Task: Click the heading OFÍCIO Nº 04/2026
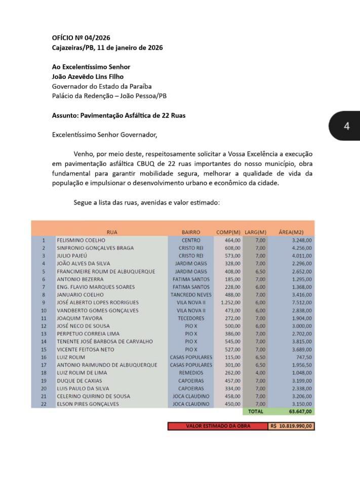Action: click(81, 37)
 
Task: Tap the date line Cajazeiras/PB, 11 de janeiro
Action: click(107, 48)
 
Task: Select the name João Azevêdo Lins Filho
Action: click(88, 76)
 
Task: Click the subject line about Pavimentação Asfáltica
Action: click(118, 115)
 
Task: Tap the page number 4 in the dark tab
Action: click(346, 126)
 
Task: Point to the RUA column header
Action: click(112, 232)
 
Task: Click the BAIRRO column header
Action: click(190, 232)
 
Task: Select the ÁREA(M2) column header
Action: click(291, 232)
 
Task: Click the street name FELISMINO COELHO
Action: click(81, 240)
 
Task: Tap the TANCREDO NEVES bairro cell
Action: click(190, 295)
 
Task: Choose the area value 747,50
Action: click(303, 357)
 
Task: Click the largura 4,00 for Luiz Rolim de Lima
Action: click(260, 373)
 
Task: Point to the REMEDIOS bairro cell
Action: click(190, 373)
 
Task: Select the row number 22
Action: click(44, 404)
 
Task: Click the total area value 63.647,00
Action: click(300, 412)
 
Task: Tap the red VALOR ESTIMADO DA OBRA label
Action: click(218, 426)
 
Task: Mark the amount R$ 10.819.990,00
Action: click(291, 426)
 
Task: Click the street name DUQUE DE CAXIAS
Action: click(79, 381)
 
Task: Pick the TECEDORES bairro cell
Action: click(190, 318)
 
